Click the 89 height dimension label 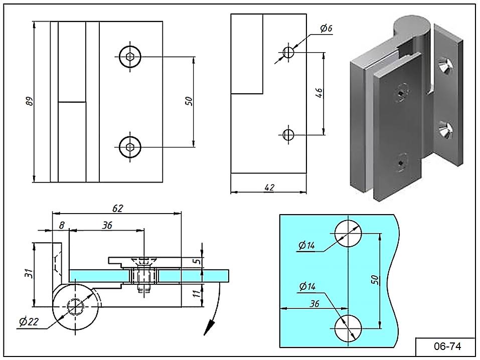tap(30, 102)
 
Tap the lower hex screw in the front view tap(130, 146)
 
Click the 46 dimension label tap(319, 93)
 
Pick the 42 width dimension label tap(269, 187)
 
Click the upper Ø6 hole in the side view tap(288, 52)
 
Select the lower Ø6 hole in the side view tap(288, 134)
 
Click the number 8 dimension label tap(61, 226)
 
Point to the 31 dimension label tap(29, 274)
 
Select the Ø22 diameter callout tap(29, 322)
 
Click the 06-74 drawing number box tap(445, 346)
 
